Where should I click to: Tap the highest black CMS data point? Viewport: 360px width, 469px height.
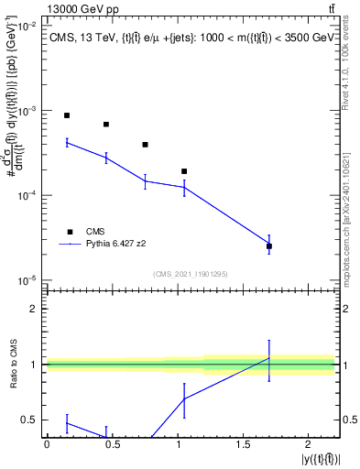point(67,115)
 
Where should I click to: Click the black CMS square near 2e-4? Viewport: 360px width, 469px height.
point(184,171)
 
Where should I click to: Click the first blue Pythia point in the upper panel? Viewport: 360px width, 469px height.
point(67,142)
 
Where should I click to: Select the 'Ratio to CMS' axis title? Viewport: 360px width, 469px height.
point(13,364)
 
